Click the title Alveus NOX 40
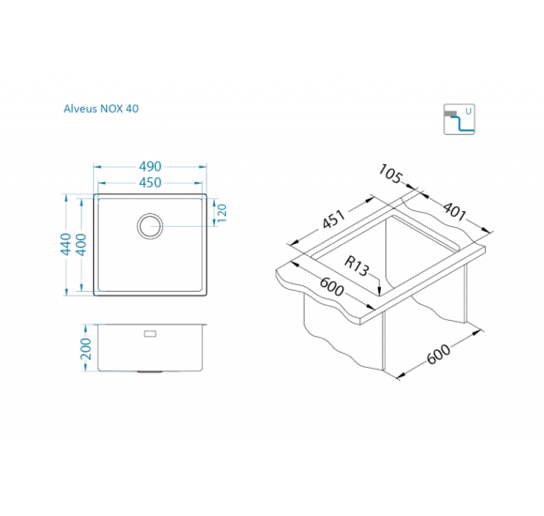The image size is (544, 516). point(101,109)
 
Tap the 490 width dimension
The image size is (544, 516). point(150,167)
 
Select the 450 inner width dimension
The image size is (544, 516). point(150,183)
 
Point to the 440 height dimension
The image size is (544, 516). point(66,244)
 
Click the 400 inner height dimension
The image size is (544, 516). point(81,245)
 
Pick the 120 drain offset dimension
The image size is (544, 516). point(221,213)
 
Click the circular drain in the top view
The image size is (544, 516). point(150,226)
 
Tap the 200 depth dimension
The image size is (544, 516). point(85,349)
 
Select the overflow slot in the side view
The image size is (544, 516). point(150,334)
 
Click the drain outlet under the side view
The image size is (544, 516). point(149,372)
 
